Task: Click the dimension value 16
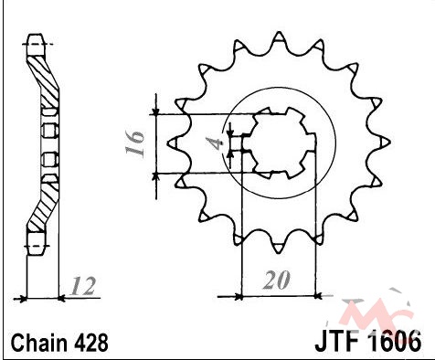(x=134, y=143)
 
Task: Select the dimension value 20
(x=276, y=281)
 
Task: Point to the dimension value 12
(x=82, y=286)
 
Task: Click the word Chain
(x=39, y=343)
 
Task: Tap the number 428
(x=91, y=343)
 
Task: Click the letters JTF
(x=336, y=342)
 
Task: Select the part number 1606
(x=394, y=342)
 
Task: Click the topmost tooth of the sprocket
(x=278, y=37)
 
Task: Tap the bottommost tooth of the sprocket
(x=278, y=248)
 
